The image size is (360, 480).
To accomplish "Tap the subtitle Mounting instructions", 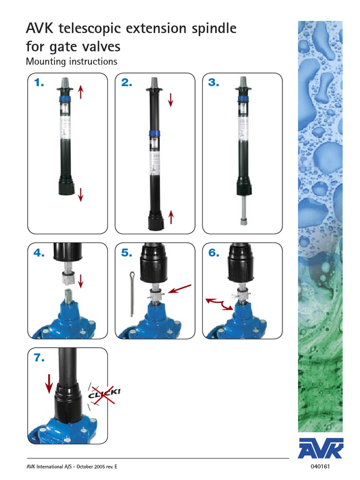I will click(71, 61).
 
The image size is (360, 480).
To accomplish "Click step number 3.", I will click(214, 83).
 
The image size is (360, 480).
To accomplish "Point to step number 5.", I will click(127, 253).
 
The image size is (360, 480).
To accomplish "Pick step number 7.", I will click(39, 358).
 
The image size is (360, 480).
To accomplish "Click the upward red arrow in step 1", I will click(81, 91).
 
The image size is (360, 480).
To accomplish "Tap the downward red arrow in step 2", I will click(171, 99).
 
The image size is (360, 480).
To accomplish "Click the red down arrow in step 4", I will click(81, 281).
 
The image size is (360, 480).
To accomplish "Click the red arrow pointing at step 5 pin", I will click(180, 288).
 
